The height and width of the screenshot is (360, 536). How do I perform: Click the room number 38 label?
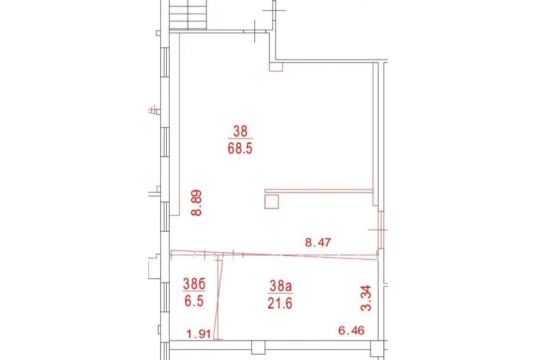tap(240, 131)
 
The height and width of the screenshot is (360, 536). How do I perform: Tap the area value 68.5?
tap(240, 148)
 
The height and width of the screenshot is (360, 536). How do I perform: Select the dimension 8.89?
tap(197, 203)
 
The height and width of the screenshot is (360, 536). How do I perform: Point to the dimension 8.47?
tap(318, 243)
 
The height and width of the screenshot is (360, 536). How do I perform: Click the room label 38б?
tap(194, 284)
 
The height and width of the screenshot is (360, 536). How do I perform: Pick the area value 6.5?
tap(194, 301)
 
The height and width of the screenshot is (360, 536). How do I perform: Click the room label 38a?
tap(281, 286)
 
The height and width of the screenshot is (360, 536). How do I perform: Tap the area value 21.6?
tap(280, 303)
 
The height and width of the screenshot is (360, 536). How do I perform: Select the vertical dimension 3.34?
tap(366, 298)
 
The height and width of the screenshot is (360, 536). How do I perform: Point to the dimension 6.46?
tap(351, 331)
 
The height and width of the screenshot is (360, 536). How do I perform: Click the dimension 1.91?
tap(198, 334)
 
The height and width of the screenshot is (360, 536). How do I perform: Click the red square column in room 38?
tap(272, 201)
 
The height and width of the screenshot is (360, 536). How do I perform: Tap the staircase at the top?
tap(188, 15)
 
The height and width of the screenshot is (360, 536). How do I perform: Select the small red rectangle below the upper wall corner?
tap(276, 67)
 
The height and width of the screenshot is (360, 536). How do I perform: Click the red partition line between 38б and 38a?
tap(219, 299)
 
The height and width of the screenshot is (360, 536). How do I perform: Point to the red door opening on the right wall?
tap(381, 230)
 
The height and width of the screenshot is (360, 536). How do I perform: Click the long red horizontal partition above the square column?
tap(319, 191)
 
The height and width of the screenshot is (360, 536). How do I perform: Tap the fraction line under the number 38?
tap(240, 139)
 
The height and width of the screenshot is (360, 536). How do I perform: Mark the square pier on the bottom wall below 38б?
tap(258, 347)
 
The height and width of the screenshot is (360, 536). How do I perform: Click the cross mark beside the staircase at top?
tap(274, 10)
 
